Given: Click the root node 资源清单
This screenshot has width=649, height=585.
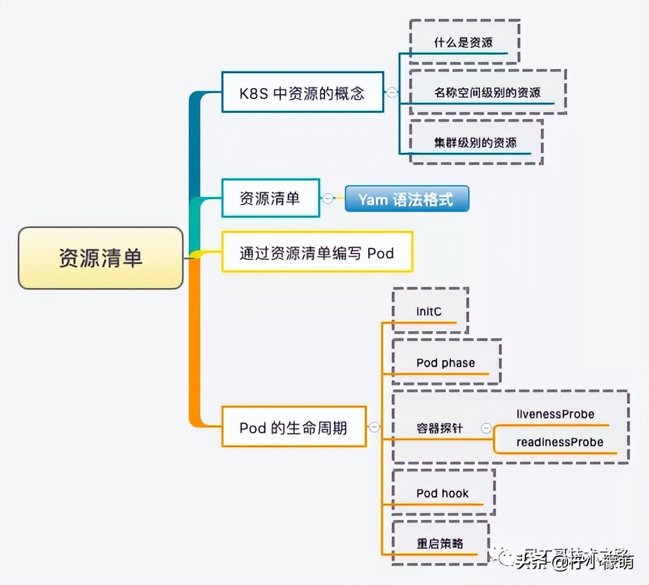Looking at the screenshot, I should point(101,258).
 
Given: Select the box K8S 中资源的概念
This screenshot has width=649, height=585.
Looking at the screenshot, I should point(302,92).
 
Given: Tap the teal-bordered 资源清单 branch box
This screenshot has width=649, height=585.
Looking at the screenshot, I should point(271,198).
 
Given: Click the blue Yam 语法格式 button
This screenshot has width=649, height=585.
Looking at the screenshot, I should point(407,199).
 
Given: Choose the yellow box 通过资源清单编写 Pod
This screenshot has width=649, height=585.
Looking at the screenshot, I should point(317,252).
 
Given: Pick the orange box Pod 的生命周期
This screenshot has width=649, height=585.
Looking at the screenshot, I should point(294,427).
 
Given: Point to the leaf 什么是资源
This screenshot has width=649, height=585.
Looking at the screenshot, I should point(464,43).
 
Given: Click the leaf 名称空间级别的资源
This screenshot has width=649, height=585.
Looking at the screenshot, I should point(487,92).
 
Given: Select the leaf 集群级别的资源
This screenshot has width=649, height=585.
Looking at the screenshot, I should point(475,142).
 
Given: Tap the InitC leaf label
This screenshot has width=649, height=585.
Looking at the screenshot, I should point(429,311).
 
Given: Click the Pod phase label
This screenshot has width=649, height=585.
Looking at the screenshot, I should point(446,362).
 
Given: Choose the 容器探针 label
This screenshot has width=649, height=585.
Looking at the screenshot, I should point(440,428).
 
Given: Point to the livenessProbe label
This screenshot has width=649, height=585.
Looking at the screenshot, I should point(555,414).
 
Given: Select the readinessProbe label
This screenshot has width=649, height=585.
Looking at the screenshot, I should point(559,442).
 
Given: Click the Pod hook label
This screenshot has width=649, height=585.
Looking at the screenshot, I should point(442,493).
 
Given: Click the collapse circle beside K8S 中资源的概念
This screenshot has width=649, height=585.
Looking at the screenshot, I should point(392,92).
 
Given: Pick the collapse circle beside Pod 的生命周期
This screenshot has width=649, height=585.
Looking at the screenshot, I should point(375,427).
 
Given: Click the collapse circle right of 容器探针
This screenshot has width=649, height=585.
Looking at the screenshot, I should point(486,428).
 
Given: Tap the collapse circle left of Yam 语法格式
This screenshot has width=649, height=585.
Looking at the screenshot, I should point(328,199).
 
